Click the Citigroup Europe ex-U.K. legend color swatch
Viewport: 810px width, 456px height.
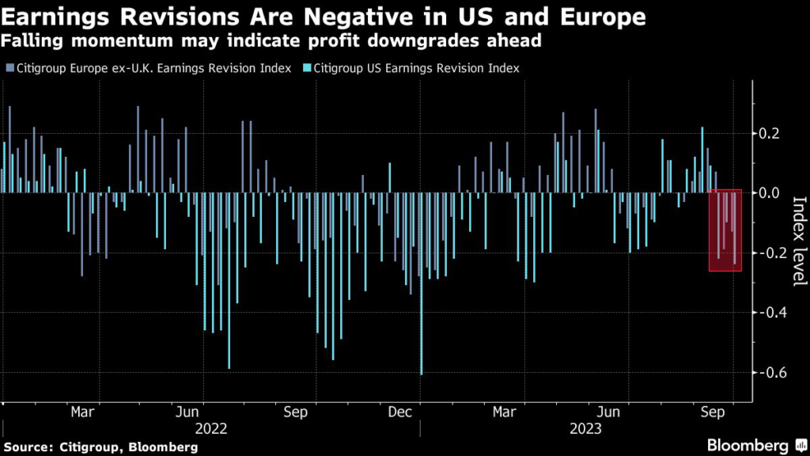8,69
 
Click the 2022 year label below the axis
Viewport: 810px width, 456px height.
211,429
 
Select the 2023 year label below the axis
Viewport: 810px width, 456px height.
585,429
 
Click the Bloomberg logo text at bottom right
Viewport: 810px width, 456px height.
748,446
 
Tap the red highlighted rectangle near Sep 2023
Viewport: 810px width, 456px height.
725,230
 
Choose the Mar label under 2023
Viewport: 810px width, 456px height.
505,412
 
